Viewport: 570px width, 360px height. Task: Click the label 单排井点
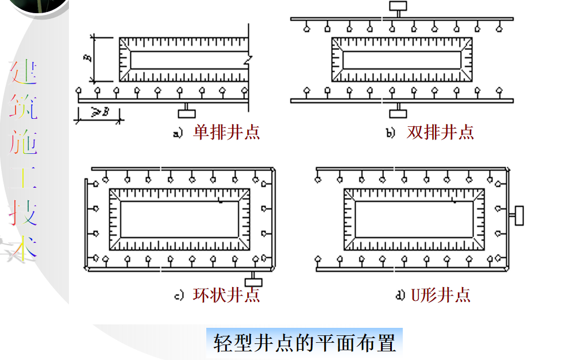point(226,133)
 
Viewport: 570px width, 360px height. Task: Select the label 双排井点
point(440,133)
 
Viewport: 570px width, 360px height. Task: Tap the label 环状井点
point(226,295)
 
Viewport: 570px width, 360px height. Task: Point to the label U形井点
point(441,295)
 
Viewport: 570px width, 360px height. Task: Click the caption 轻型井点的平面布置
point(305,343)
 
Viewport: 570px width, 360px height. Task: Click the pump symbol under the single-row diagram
point(186,112)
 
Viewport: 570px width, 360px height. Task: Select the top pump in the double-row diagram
point(398,6)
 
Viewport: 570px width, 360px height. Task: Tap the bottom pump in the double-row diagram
point(398,113)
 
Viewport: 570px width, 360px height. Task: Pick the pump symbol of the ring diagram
point(253,281)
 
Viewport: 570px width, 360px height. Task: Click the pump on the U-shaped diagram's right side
point(519,215)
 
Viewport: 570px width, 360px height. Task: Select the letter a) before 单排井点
point(178,134)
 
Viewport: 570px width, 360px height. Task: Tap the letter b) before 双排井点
point(391,134)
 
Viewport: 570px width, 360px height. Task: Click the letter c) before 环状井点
point(179,296)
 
